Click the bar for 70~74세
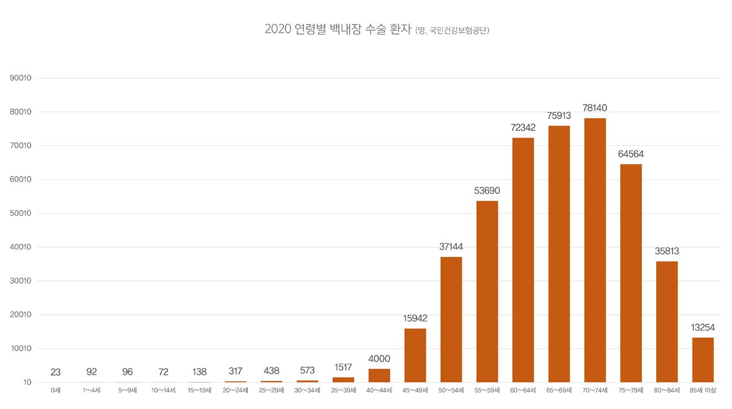point(595,250)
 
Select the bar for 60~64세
point(523,260)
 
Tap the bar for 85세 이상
point(703,360)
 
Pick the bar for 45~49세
point(415,355)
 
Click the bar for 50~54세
point(451,319)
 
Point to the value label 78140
point(595,108)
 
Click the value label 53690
point(487,191)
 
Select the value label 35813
point(667,251)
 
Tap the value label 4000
point(379,359)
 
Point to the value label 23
point(55,373)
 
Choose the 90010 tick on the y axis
point(20,78)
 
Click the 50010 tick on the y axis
point(20,213)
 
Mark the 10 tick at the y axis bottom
point(27,382)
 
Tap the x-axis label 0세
point(55,391)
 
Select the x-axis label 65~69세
point(559,391)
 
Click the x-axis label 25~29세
point(271,391)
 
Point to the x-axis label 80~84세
point(667,391)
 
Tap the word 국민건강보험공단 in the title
point(459,31)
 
